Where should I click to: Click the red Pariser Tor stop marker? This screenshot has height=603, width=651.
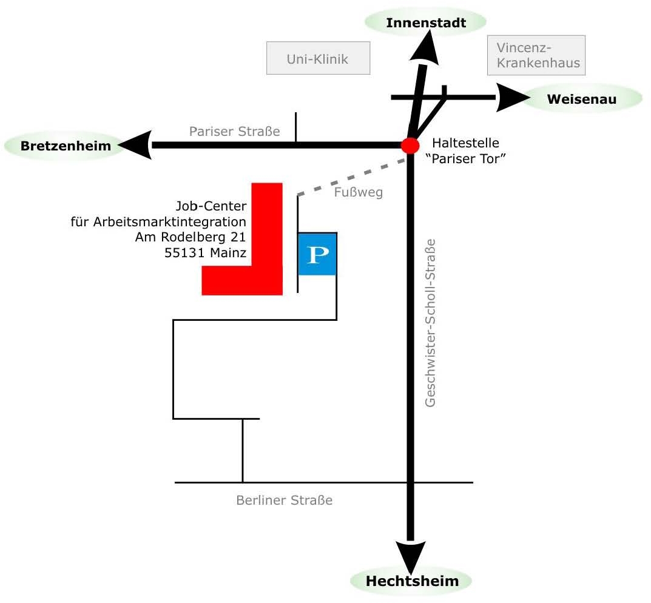(x=410, y=146)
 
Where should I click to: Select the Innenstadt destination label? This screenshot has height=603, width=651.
(x=426, y=23)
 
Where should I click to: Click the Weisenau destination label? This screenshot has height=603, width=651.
(x=581, y=99)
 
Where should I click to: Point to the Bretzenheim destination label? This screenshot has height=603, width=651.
(x=66, y=146)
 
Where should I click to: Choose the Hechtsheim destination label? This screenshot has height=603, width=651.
(x=412, y=581)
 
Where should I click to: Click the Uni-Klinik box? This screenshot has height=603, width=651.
(x=318, y=58)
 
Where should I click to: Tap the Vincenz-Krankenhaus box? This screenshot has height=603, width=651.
(x=536, y=55)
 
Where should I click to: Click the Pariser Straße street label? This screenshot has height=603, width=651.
(x=234, y=131)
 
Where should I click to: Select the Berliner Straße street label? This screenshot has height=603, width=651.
(x=284, y=500)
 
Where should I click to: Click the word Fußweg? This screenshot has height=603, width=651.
(x=358, y=192)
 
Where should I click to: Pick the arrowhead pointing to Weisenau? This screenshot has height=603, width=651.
(x=511, y=97)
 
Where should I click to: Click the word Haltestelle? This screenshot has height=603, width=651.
(x=465, y=143)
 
